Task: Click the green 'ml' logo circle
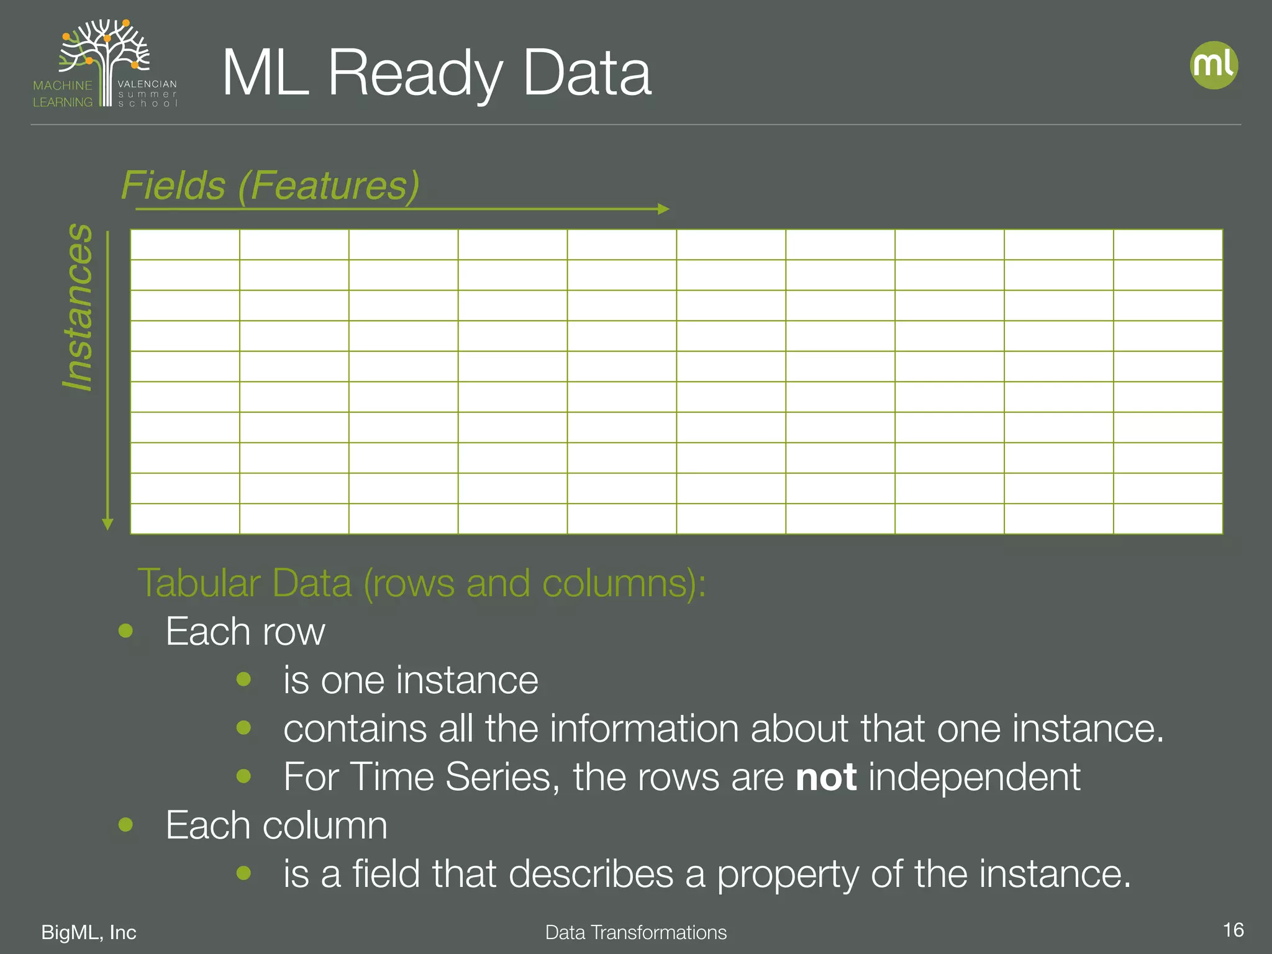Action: [x=1214, y=65]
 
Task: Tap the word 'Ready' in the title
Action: [x=415, y=75]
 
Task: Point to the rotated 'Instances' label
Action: [x=78, y=307]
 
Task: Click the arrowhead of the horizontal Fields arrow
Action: [x=663, y=209]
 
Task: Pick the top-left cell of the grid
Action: [x=185, y=245]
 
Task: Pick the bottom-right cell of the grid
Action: [x=1168, y=519]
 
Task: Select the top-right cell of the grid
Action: [x=1168, y=245]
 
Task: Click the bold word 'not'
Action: [x=826, y=777]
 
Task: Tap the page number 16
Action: [x=1233, y=930]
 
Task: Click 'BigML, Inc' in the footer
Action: [x=89, y=932]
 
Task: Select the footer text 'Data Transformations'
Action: [x=636, y=932]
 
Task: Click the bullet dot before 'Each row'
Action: [x=126, y=631]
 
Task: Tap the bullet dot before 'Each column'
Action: [x=126, y=825]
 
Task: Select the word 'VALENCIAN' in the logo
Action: [x=147, y=84]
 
